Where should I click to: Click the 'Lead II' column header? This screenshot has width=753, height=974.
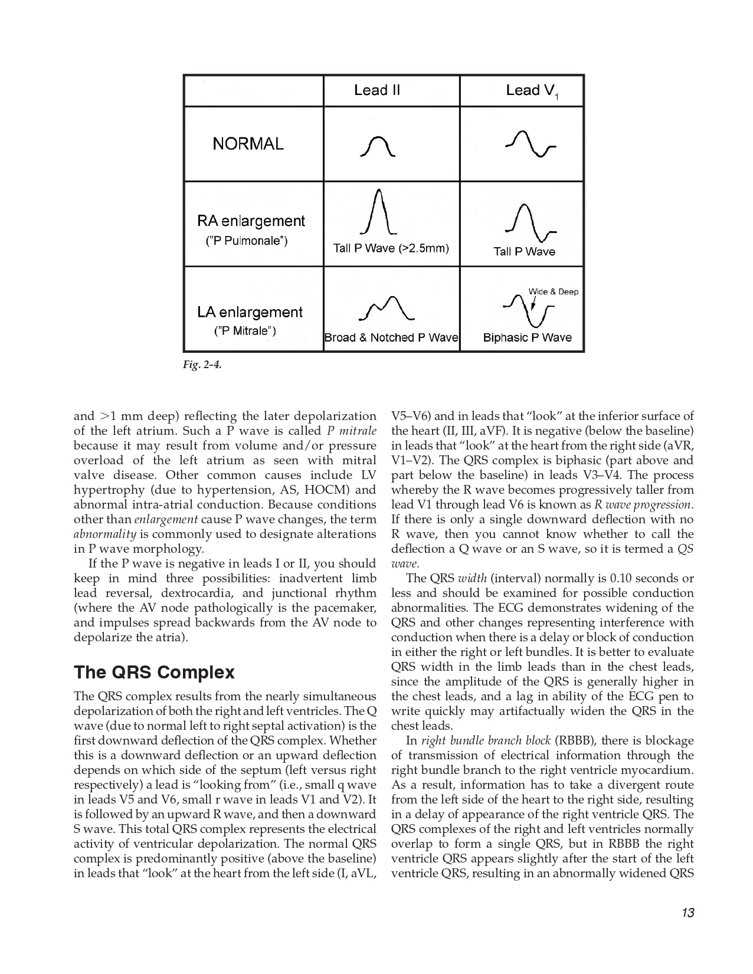click(x=377, y=90)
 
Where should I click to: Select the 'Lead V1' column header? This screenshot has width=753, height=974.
click(x=532, y=91)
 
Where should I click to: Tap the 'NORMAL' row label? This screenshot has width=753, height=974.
click(x=248, y=143)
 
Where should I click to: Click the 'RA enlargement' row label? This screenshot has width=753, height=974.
click(x=251, y=221)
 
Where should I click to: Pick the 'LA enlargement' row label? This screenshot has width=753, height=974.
click(x=250, y=312)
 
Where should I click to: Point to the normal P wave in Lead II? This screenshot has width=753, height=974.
click(x=377, y=146)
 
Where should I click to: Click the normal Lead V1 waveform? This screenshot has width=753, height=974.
click(x=531, y=144)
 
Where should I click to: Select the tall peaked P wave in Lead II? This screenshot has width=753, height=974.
click(x=378, y=212)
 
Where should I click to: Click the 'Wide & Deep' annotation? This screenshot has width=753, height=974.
click(x=553, y=291)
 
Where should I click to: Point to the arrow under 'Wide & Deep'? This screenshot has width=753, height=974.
click(x=533, y=303)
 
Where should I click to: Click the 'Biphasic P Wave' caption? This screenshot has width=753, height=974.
click(x=527, y=337)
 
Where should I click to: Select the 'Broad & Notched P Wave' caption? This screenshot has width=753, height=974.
click(x=391, y=337)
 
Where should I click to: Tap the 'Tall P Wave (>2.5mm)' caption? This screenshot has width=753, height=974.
click(x=391, y=248)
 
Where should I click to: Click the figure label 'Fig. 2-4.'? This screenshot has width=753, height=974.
click(x=202, y=365)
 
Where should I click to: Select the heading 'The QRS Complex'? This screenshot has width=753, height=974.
click(x=154, y=673)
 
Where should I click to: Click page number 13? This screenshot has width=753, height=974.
click(x=687, y=913)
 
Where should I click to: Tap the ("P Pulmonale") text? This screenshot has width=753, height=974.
click(x=247, y=241)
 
